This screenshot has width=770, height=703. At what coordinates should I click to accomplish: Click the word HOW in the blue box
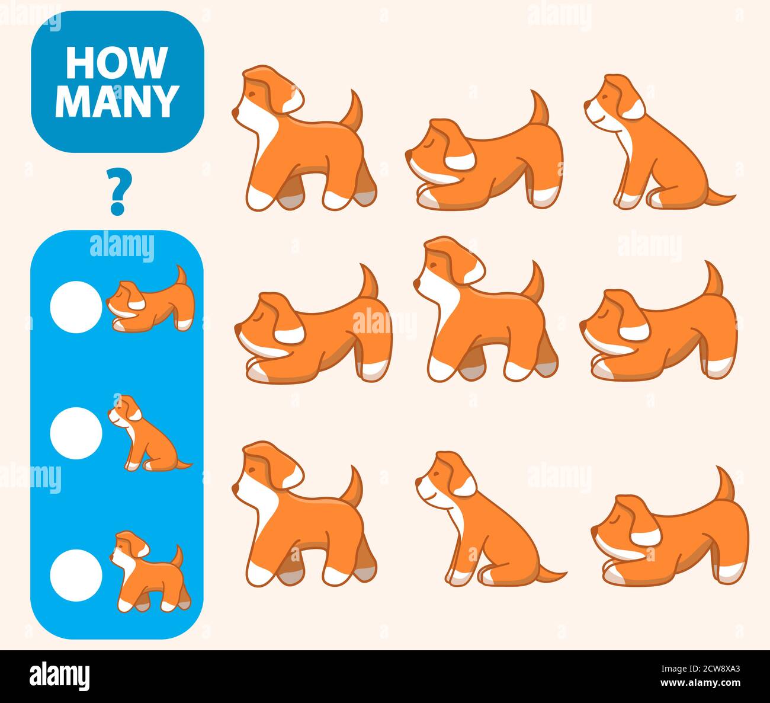pos(116,63)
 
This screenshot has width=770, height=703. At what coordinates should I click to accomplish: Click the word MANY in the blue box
pos(117,101)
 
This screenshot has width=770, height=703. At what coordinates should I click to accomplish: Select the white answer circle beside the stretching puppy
pos(76,307)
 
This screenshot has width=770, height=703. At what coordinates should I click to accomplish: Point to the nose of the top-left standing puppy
pos(235,111)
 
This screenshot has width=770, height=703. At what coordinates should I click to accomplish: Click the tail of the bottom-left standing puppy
pos(355,486)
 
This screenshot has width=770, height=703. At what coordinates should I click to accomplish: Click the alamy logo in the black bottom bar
pos(59,676)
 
